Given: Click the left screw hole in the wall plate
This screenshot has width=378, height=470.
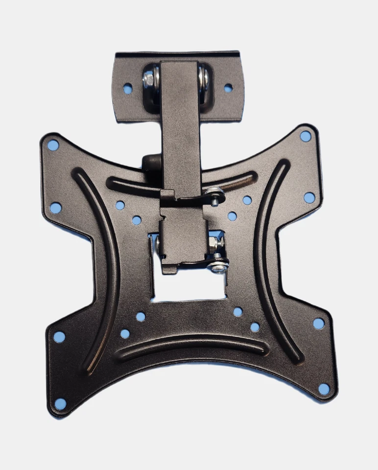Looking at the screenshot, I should pos(128,89).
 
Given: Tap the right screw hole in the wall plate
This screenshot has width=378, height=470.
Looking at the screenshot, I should pos(228,88).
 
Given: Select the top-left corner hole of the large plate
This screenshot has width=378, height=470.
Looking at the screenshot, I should pos(53,145).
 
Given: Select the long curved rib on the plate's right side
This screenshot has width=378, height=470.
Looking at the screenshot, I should pos(267,259).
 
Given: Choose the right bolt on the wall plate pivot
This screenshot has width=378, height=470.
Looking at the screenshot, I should pos(204,78).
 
